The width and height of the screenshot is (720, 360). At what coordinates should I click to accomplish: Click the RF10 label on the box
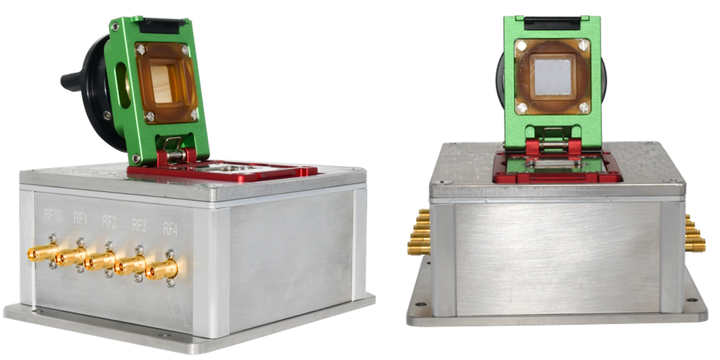[53, 216]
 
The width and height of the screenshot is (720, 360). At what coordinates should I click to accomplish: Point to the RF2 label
[109, 223]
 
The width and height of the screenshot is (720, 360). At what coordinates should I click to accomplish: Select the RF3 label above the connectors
[139, 225]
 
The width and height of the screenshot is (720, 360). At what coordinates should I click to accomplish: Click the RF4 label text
[170, 229]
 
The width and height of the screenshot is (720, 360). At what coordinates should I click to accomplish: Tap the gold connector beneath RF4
[161, 269]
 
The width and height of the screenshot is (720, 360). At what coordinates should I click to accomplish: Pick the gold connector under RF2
[100, 261]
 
